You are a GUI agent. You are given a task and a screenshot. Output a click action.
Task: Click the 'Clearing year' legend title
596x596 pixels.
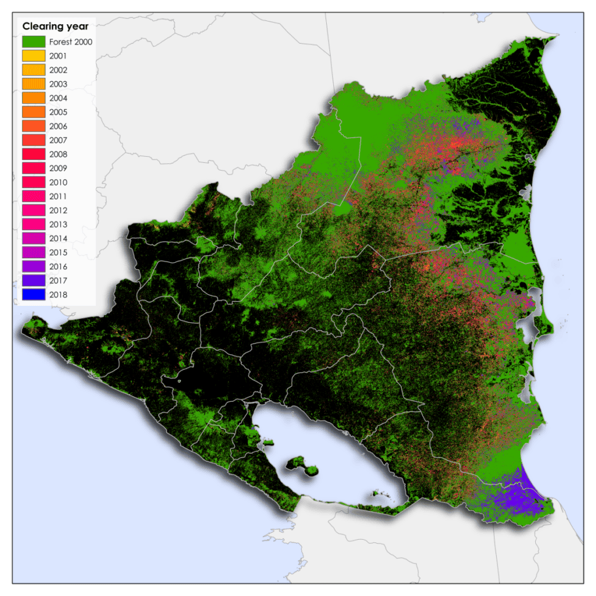coord(56,27)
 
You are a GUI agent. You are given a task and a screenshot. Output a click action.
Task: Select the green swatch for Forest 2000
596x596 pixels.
coord(33,42)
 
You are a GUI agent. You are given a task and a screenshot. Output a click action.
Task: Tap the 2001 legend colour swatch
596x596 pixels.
coord(33,56)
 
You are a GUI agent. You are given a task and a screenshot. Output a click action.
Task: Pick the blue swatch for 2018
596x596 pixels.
coord(33,295)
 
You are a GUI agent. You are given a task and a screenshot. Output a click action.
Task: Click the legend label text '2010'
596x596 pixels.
coord(58,182)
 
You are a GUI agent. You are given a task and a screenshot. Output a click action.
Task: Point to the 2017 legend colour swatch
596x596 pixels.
coord(33,280)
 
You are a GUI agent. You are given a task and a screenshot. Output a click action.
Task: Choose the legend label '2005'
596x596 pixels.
coord(58,112)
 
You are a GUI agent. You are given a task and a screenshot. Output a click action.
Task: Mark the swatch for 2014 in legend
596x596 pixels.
coord(33,239)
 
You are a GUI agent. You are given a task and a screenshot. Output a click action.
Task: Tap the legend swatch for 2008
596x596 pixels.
coord(33,154)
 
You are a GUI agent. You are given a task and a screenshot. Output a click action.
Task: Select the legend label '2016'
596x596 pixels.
coord(58,267)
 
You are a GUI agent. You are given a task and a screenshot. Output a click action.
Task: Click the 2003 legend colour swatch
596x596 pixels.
coord(33,84)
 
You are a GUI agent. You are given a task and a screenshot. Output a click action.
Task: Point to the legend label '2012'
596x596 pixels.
coord(58,210)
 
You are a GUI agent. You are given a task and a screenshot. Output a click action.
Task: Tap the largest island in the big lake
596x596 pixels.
coord(302,465)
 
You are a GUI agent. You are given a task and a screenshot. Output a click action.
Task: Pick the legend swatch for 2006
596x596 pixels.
coord(33,126)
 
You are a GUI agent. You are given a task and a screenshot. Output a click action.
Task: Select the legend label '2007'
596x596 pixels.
coord(58,140)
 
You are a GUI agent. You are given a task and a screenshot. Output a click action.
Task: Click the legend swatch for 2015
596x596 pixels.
coord(33,252)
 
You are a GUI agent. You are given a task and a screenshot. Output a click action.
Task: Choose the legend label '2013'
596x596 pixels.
coord(58,224)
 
